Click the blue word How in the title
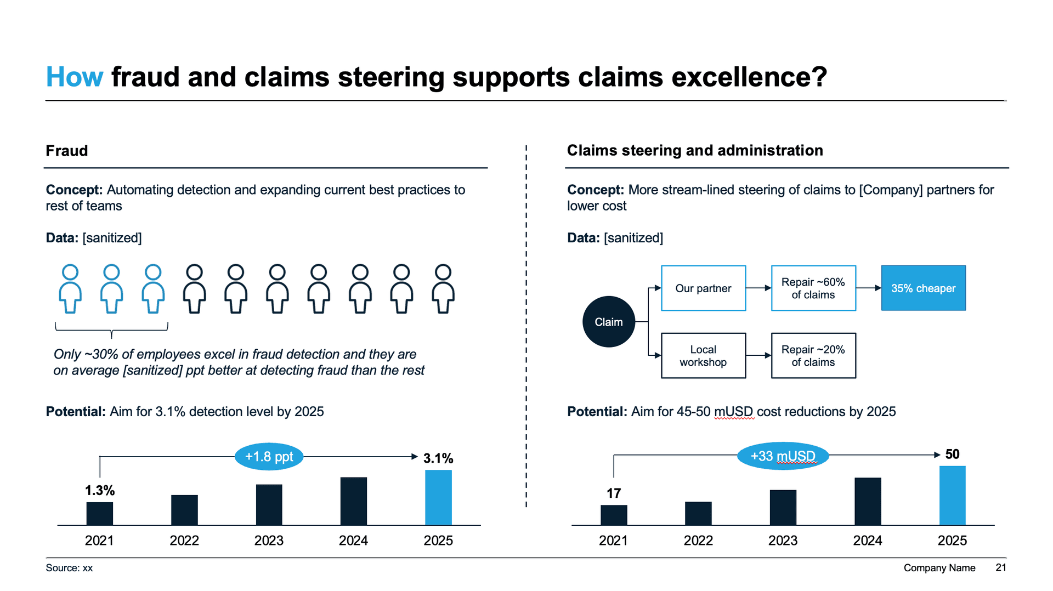point(74,77)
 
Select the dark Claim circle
point(608,322)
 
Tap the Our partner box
point(703,288)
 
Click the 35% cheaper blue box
point(923,288)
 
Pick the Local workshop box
point(703,356)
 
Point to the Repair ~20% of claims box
point(813,356)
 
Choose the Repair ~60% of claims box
point(813,288)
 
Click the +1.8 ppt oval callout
point(269,456)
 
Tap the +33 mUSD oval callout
point(783,456)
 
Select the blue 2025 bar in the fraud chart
point(438,497)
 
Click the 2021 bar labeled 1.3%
point(100,514)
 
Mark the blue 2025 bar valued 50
point(952,496)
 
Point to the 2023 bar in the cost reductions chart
point(783,508)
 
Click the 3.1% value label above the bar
point(438,458)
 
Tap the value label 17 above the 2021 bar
point(614,493)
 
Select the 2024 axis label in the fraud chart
point(353,541)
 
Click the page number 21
point(1001,567)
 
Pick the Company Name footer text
point(939,568)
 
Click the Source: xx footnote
point(69,568)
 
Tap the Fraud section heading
point(67,151)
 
